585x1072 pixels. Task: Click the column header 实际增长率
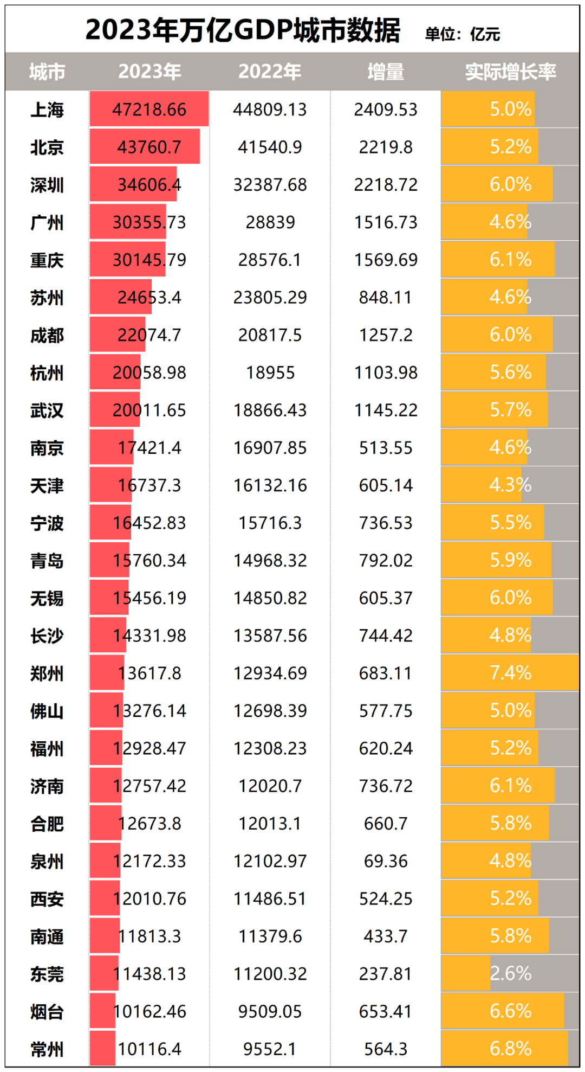(x=510, y=72)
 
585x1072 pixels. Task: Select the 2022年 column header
(x=270, y=72)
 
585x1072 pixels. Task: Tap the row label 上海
(x=47, y=110)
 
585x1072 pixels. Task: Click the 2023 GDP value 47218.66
(x=149, y=110)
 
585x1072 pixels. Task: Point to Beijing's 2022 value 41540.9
(x=270, y=147)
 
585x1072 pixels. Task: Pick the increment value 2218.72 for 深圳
(x=386, y=185)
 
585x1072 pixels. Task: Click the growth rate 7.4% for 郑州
(x=510, y=673)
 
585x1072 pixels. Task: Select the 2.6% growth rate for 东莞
(x=510, y=973)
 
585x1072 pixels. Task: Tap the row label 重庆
(x=47, y=260)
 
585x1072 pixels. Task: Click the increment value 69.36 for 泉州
(x=386, y=861)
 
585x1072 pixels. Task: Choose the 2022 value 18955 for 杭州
(x=270, y=373)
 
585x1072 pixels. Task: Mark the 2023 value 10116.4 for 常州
(x=149, y=1049)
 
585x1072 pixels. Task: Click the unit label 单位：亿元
(x=462, y=35)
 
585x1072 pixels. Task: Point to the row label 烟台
(x=47, y=1012)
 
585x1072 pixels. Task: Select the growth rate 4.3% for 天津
(x=510, y=485)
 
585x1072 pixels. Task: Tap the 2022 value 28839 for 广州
(x=270, y=222)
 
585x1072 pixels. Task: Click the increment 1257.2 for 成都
(x=386, y=335)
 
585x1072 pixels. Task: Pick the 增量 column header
(x=386, y=72)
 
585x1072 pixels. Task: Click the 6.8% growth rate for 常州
(x=510, y=1049)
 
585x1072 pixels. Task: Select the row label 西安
(x=47, y=899)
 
